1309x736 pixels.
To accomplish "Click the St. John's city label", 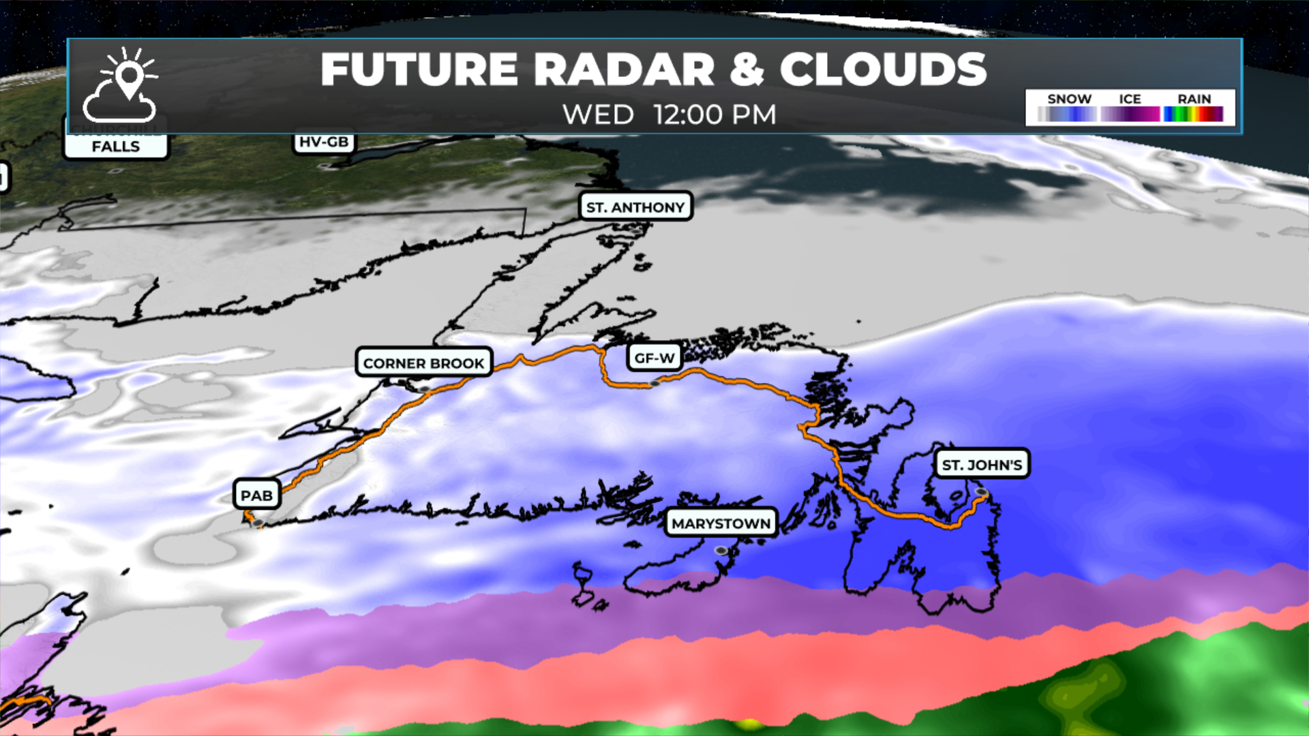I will click(x=982, y=465).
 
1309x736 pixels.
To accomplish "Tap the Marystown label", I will click(x=721, y=523).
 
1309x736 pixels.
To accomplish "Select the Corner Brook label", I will click(x=423, y=363).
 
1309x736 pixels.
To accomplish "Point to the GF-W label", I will click(x=654, y=358).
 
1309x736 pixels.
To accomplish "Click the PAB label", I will click(x=256, y=495).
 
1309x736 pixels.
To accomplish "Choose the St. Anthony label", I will click(x=635, y=207).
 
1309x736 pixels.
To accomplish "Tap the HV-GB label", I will click(x=324, y=142).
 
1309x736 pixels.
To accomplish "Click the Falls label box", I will click(x=116, y=146).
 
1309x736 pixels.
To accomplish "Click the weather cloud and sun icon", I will click(x=120, y=85).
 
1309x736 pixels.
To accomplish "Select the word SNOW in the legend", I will click(x=1069, y=99).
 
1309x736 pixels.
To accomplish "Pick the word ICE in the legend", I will click(x=1130, y=99).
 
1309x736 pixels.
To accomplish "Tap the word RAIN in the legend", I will click(x=1194, y=99).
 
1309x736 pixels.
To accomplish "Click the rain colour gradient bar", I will click(x=1193, y=114).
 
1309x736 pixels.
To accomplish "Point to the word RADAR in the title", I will click(x=623, y=70).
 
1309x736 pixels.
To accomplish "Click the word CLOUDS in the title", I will click(x=883, y=70).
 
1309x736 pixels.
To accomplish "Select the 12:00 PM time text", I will click(x=714, y=114).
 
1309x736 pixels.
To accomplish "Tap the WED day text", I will click(x=598, y=114).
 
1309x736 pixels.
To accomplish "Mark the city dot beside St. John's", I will click(x=981, y=491).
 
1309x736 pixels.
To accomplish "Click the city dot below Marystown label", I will click(x=721, y=550).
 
